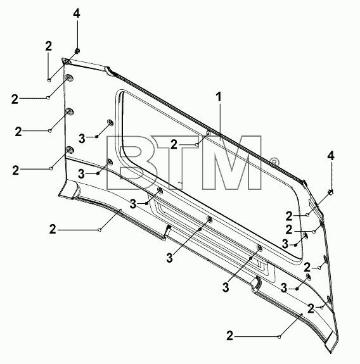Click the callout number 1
pos(219,97)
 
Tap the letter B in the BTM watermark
pos(132,162)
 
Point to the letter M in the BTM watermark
pos(232,162)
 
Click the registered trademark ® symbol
pos(274,162)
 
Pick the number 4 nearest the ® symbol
pos(331,156)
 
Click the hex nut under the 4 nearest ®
pos(331,192)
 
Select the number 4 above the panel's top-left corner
pos(77,13)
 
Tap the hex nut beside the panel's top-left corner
pos(77,51)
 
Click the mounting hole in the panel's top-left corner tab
pos(68,62)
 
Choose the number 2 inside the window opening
pos(174,145)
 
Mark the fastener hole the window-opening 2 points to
pos(209,133)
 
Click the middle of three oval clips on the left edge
pos(70,112)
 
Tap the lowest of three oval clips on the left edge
pos(70,150)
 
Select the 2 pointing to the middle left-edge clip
pos(18,132)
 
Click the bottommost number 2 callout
pos(229,336)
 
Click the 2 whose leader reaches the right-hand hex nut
pos(289,217)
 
